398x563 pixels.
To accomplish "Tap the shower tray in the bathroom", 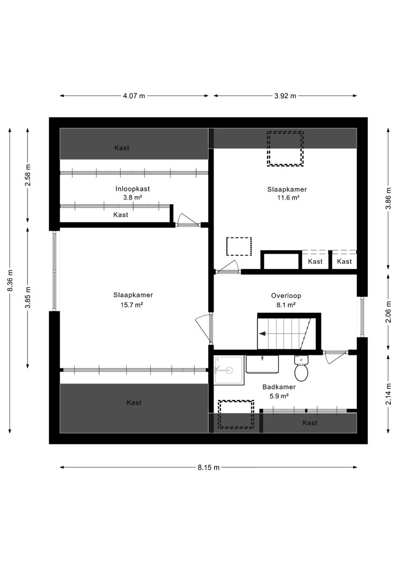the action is point(229,370).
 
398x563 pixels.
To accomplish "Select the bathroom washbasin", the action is point(263,364).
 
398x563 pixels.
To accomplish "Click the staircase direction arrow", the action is point(263,333).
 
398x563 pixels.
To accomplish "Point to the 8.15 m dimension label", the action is point(208,467).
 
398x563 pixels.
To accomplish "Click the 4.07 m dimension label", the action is point(134,96).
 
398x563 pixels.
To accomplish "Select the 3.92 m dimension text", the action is point(285,96).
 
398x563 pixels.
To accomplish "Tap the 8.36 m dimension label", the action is point(10,280).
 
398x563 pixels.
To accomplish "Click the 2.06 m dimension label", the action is point(389,312).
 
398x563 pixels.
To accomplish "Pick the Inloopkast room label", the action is point(132,189).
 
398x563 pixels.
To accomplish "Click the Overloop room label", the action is point(286,296).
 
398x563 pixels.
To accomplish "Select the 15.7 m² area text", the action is point(133,305).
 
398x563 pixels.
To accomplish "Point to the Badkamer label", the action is point(279,387).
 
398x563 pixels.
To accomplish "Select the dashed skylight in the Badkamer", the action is point(236,414).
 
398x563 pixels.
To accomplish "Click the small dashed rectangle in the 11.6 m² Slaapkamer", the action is point(239,246).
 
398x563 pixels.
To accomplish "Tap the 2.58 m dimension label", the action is point(27,175).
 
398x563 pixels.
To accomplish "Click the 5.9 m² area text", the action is point(279,396).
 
